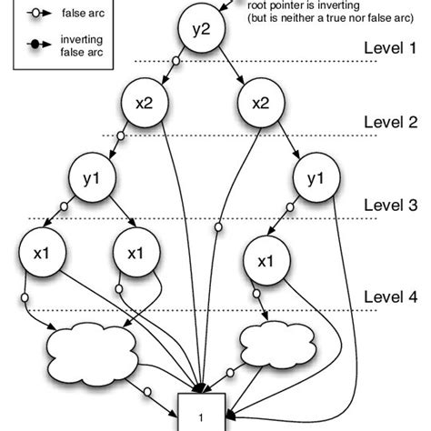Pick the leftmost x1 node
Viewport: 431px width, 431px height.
pyautogui.click(x=40, y=252)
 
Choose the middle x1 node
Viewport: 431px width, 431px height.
pyautogui.click(x=135, y=252)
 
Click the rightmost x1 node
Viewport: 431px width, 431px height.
pyautogui.click(x=265, y=260)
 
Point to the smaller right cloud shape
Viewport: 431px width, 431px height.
pyautogui.click(x=272, y=343)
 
